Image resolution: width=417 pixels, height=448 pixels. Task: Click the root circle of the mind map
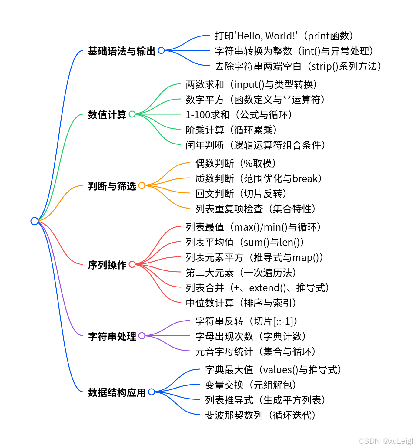[x=35, y=221]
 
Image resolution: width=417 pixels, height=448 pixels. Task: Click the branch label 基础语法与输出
[x=122, y=51]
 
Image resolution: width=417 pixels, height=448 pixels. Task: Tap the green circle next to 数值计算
[x=132, y=114]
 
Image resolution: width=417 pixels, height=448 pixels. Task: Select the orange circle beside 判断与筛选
[x=142, y=185]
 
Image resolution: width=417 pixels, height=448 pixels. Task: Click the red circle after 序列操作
[x=132, y=264]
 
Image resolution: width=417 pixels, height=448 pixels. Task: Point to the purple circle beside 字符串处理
[x=142, y=336]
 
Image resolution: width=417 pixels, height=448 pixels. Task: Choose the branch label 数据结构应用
[x=117, y=392]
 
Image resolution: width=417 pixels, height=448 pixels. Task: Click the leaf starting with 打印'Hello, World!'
[x=284, y=36]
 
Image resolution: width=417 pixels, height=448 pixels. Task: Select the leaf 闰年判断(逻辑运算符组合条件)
[x=255, y=145]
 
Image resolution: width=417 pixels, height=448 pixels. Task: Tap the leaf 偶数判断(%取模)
[x=235, y=163]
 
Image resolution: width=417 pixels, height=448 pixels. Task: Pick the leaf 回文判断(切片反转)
[x=241, y=194]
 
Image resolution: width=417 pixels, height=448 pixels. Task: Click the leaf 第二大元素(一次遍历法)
[x=241, y=273]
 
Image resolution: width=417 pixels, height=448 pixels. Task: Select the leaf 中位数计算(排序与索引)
[x=241, y=303]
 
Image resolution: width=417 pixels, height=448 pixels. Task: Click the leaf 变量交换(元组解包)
[x=250, y=385]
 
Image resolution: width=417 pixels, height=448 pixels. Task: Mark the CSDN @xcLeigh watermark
[x=387, y=441]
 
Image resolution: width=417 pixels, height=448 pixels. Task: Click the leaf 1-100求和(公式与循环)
[x=239, y=115]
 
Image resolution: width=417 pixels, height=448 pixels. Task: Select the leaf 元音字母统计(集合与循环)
[x=255, y=351]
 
